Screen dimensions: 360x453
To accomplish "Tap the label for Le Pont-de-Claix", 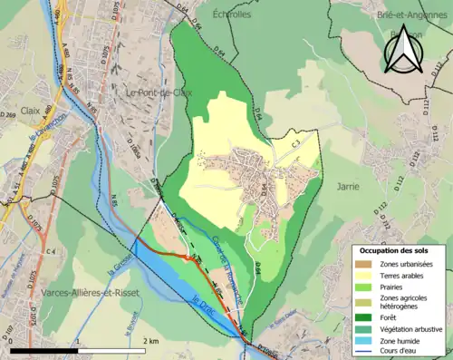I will coord(156,92).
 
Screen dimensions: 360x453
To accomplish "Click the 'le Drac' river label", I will coord(202,299).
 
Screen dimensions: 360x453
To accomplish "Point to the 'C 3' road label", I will coord(296,143).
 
